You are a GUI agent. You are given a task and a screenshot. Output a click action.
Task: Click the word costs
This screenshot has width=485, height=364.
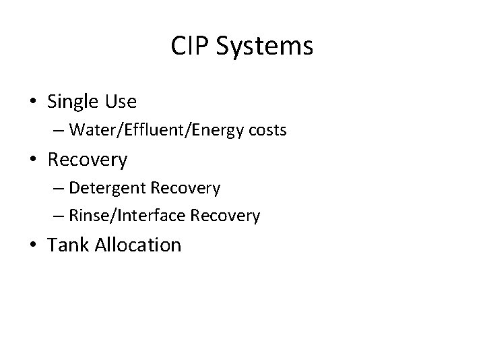[x=268, y=130]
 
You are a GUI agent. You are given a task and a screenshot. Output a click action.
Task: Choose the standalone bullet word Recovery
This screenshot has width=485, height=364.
[x=88, y=160]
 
